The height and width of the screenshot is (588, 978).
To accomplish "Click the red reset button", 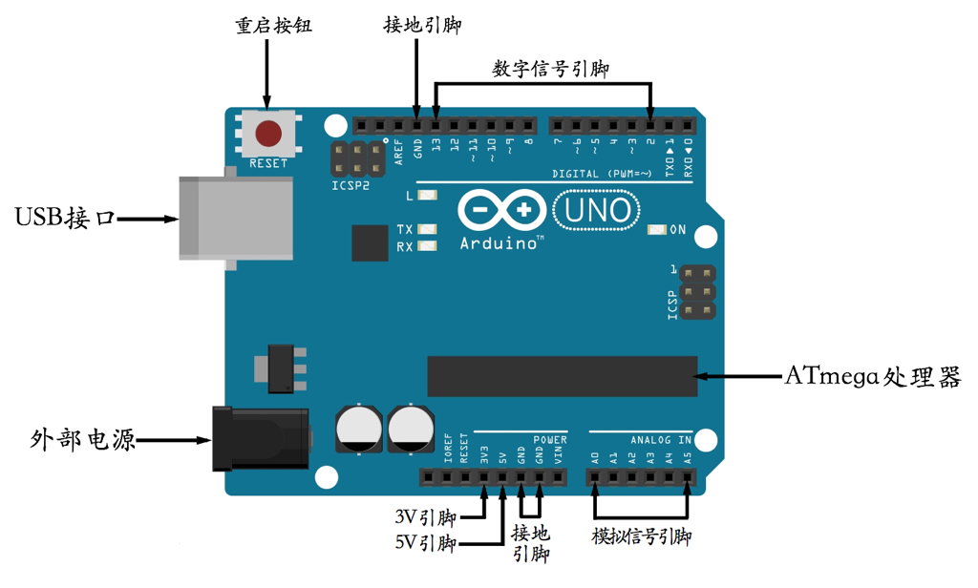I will [x=268, y=133].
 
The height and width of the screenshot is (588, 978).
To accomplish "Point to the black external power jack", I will [x=261, y=439].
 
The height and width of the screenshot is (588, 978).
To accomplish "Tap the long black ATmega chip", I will [x=563, y=376].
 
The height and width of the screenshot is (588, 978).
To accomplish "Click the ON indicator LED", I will [x=656, y=230].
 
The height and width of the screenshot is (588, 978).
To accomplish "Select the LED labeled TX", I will [x=426, y=230].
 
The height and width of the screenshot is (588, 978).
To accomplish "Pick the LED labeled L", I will [x=426, y=196].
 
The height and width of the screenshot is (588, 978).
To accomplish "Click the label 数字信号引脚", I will [x=550, y=69].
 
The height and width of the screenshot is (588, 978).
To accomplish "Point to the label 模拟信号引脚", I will [x=641, y=537].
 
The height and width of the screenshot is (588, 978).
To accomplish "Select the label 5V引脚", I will [x=425, y=543].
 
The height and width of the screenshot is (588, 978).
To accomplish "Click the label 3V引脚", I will [x=425, y=517].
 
